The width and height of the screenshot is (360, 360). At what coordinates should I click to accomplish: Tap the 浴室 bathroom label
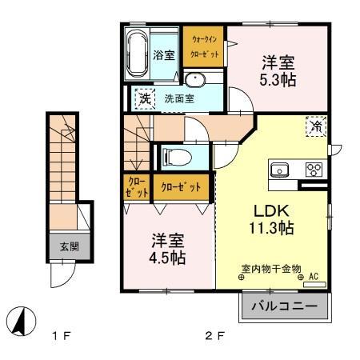(164, 56)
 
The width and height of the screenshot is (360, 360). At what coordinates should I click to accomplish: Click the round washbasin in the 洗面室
(195, 80)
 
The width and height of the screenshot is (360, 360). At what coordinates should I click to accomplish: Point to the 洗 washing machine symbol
(145, 98)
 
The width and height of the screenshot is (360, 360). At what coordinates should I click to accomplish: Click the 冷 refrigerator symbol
(317, 126)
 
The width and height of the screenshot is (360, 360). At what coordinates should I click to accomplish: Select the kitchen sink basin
(280, 170)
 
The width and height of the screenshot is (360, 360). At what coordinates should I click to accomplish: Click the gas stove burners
(313, 170)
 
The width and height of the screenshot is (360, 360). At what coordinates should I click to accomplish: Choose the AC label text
(314, 277)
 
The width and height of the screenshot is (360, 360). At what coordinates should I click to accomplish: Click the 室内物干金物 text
(270, 269)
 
